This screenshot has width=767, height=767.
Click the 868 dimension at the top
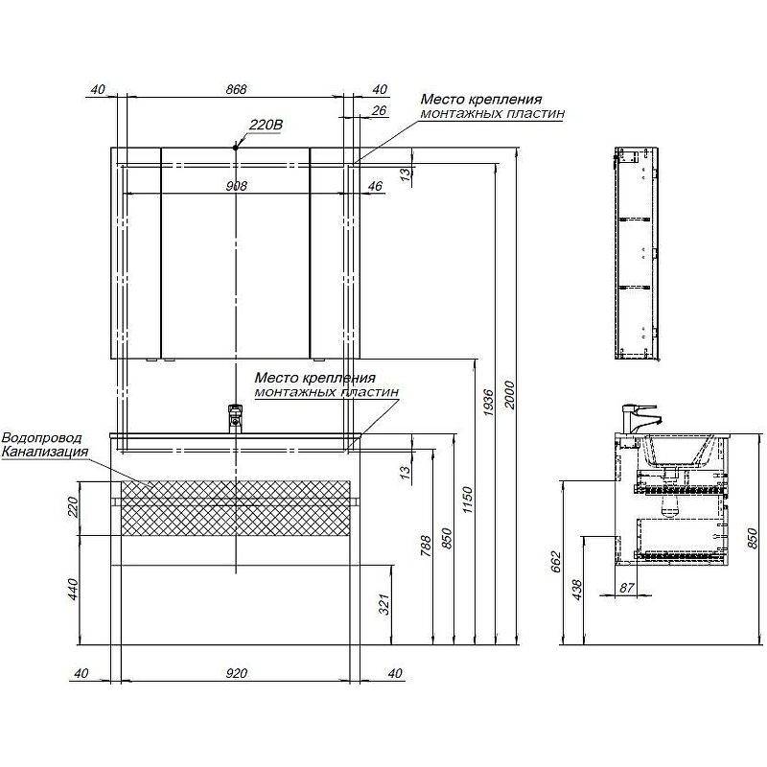(236, 89)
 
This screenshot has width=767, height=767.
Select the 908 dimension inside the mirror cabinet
(236, 186)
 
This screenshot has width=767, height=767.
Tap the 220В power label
(267, 125)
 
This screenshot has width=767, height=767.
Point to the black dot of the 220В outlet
(235, 147)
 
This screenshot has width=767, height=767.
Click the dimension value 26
(379, 110)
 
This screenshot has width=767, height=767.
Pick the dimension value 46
(375, 186)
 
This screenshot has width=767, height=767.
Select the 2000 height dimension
(510, 395)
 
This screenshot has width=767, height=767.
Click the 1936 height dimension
(489, 403)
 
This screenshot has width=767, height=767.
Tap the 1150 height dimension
(468, 500)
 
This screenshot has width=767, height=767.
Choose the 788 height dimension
(427, 546)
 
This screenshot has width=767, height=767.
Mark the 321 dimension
(384, 604)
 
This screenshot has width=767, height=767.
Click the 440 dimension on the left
(73, 590)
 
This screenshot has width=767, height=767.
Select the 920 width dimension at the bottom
(237, 674)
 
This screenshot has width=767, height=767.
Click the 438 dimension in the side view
(577, 590)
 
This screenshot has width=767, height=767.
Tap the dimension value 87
(627, 588)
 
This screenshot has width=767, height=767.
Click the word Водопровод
(42, 438)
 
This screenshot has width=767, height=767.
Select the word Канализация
(45, 452)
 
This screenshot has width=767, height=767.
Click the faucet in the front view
(235, 418)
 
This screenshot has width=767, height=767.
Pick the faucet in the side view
(639, 417)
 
